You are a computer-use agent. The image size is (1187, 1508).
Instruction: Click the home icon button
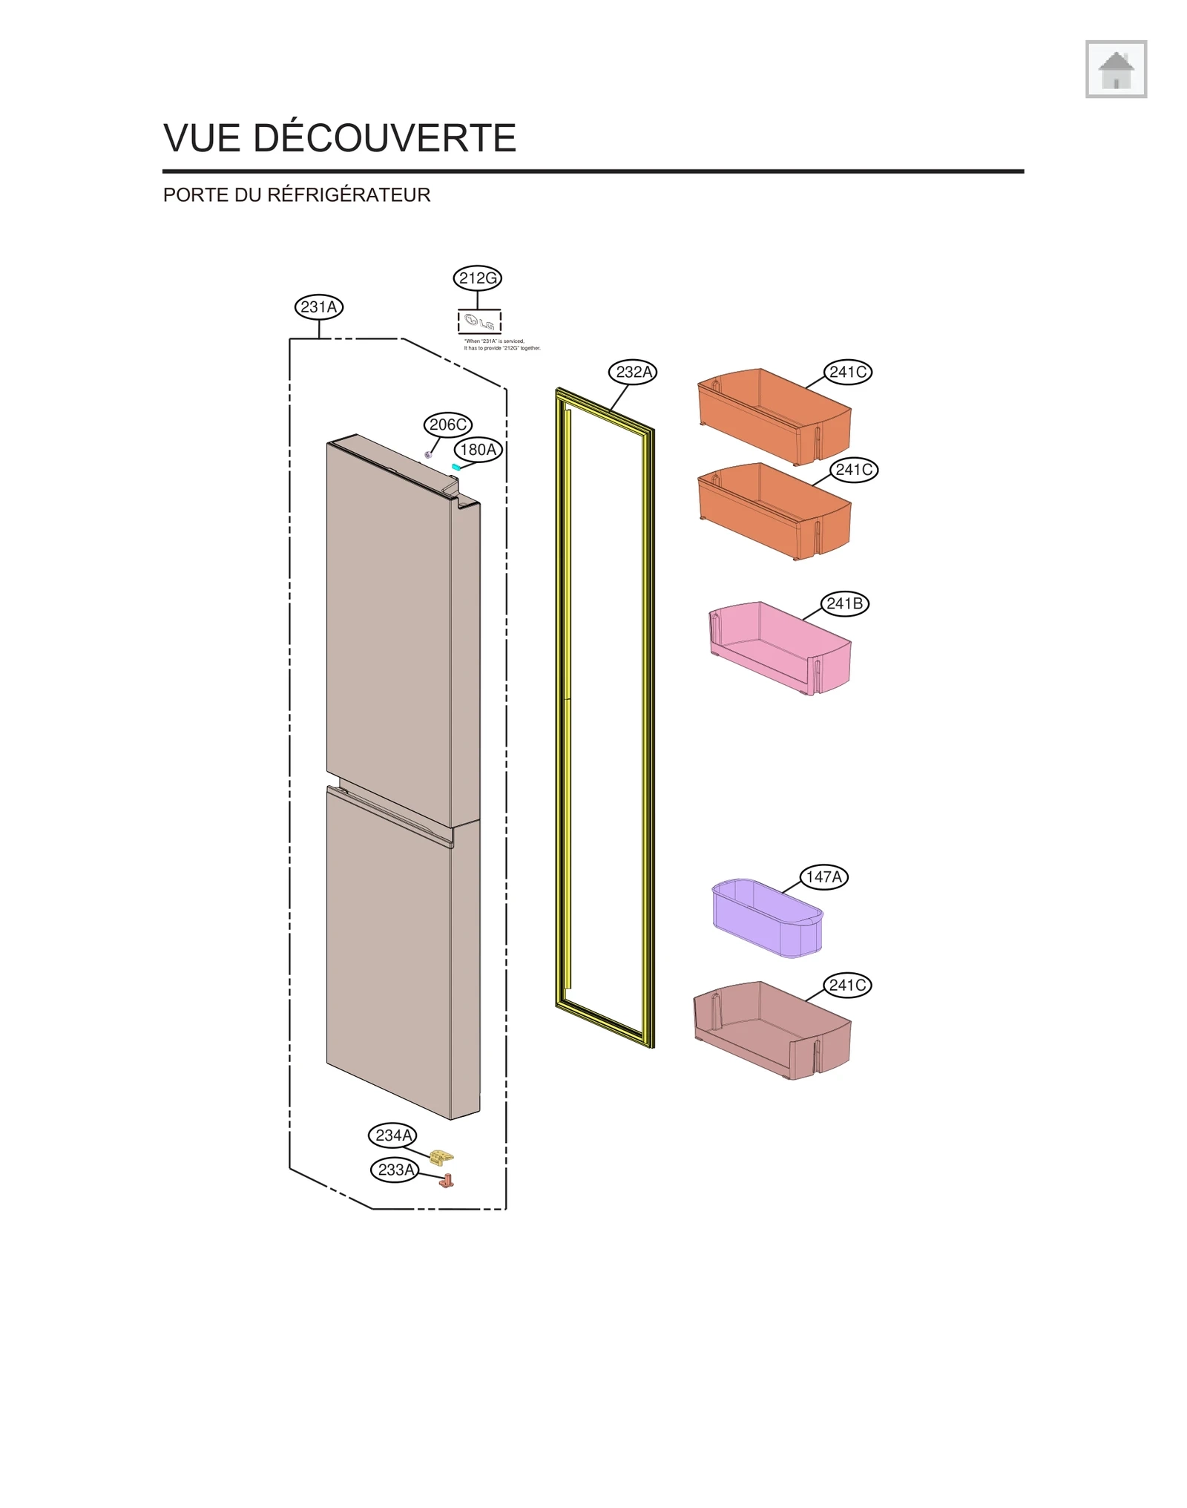click(x=1115, y=69)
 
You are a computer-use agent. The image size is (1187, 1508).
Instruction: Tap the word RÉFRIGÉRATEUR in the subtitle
click(x=349, y=194)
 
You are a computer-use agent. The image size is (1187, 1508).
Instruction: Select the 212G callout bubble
click(x=477, y=278)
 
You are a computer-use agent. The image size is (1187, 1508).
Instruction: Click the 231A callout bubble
click(x=319, y=306)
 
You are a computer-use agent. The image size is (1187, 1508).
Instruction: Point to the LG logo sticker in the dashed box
click(x=479, y=322)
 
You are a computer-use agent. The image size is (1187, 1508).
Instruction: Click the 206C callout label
click(x=448, y=424)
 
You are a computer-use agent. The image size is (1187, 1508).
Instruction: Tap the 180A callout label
click(x=478, y=450)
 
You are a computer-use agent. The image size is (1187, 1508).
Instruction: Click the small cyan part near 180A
click(x=456, y=467)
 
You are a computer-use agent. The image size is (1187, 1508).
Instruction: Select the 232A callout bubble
click(x=633, y=372)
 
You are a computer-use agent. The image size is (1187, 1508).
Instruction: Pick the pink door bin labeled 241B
click(x=779, y=647)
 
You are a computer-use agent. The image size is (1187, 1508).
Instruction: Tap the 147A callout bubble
click(x=823, y=876)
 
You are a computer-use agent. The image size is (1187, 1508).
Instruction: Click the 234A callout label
click(x=393, y=1135)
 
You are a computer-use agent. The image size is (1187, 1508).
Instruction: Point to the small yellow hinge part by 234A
click(x=442, y=1157)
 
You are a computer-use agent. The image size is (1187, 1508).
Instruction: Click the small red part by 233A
click(x=446, y=1181)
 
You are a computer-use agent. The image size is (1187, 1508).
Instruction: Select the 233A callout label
click(x=395, y=1170)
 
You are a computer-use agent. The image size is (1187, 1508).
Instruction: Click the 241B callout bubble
click(x=844, y=603)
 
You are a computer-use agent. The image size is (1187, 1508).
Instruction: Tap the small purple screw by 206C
click(x=428, y=454)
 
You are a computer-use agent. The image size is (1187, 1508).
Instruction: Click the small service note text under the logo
click(x=502, y=344)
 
